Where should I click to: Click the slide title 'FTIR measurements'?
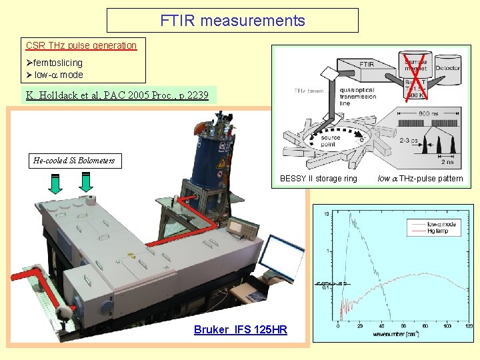[232, 21]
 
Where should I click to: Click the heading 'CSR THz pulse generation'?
[81, 46]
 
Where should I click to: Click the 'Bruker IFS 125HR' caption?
[240, 329]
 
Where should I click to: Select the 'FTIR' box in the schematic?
[366, 64]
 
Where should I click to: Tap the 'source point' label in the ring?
[331, 141]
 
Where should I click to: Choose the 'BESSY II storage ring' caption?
[318, 178]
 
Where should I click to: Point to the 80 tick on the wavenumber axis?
[425, 327]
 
